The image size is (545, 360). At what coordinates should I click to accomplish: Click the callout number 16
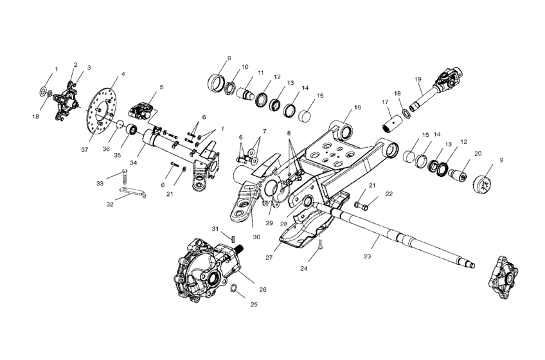pyautogui.click(x=357, y=107)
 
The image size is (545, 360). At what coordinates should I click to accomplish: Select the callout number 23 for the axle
pyautogui.click(x=367, y=256)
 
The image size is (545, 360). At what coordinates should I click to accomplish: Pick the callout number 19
pyautogui.click(x=418, y=80)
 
